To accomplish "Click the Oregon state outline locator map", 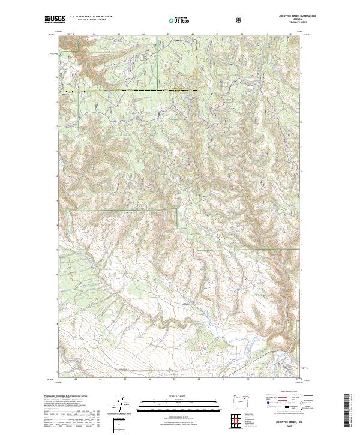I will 242,400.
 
